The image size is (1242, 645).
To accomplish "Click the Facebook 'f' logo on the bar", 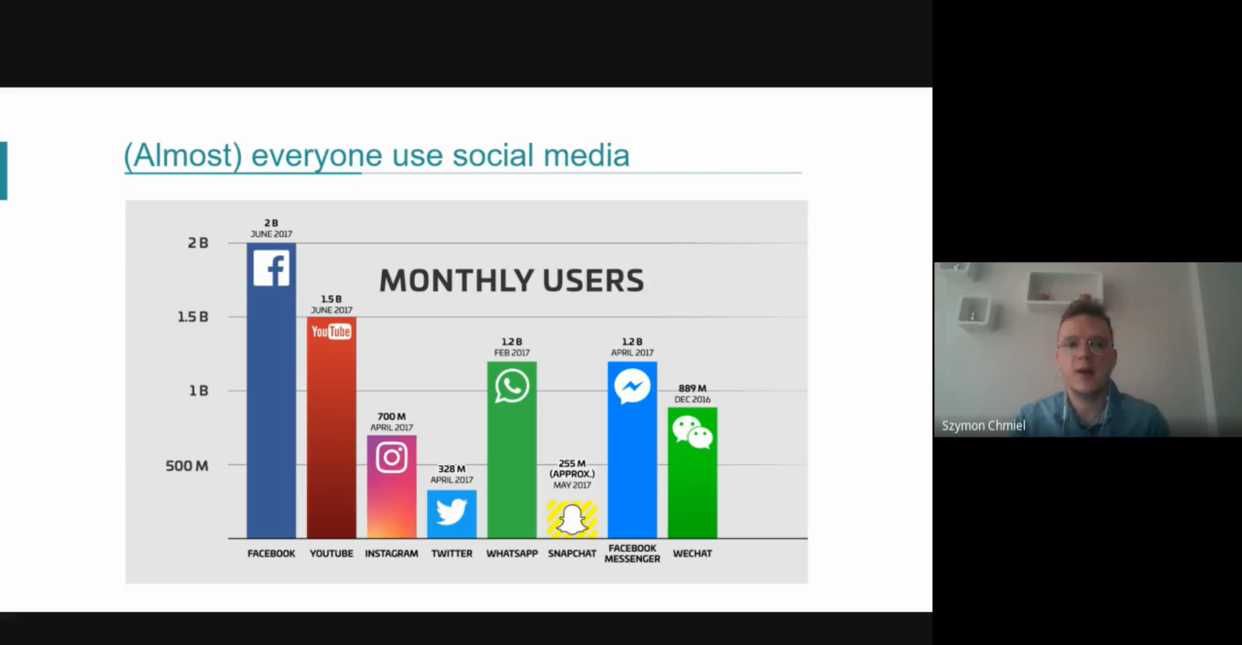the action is point(271,268).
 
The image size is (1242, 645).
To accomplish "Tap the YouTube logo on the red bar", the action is point(331,332).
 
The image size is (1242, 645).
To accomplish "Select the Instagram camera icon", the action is point(392,457).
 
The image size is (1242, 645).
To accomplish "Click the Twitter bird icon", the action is point(451,512).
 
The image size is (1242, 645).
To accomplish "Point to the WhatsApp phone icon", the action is point(512,386).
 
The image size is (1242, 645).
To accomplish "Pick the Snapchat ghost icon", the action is point(572,519).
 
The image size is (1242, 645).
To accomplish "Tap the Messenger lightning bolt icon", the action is point(632,387).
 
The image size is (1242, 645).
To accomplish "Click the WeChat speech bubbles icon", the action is point(692,433).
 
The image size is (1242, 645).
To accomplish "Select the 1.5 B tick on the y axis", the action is point(193,317).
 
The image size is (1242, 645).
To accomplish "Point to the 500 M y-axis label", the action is point(186,466).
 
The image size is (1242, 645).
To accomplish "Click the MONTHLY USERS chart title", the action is point(512,280).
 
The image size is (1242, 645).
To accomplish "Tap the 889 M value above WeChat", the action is point(692,388).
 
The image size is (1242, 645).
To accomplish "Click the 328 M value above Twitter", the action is point(451,469).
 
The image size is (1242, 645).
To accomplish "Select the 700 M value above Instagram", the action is point(391,416).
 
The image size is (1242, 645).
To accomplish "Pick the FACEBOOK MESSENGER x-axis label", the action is point(632,554).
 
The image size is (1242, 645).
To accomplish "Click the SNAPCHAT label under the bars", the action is point(572,554).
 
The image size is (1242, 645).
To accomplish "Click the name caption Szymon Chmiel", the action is point(983,425).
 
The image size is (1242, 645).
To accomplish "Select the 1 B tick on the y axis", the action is point(199,390).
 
